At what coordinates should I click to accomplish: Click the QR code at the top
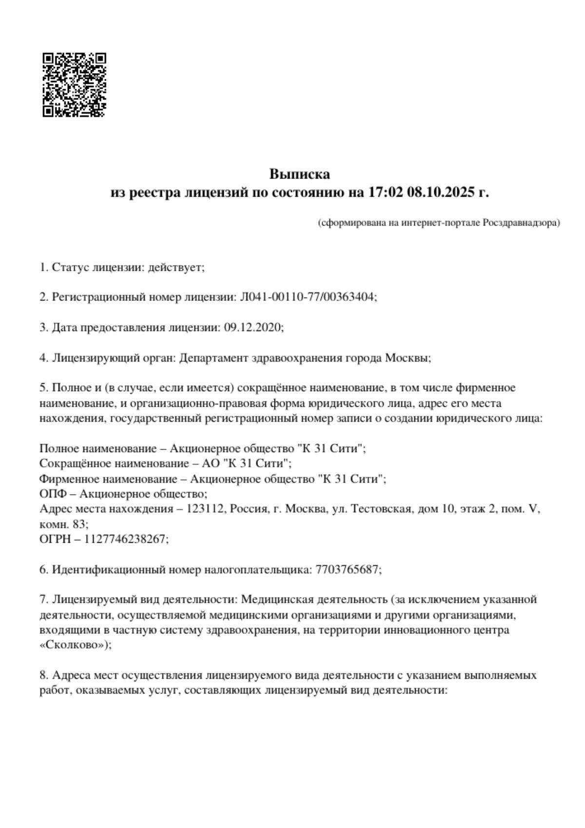(x=75, y=85)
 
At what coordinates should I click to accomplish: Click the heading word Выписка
(x=299, y=174)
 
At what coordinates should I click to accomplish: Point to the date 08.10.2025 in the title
(x=441, y=193)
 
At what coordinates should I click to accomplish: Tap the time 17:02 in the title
(x=385, y=193)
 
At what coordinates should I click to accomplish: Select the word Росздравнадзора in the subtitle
(x=521, y=223)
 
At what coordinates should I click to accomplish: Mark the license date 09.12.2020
(x=253, y=327)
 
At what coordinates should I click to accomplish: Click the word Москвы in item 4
(x=408, y=358)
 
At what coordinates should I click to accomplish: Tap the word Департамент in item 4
(x=213, y=358)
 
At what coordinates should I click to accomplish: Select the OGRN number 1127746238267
(x=126, y=539)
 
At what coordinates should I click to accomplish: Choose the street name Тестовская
(x=381, y=509)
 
